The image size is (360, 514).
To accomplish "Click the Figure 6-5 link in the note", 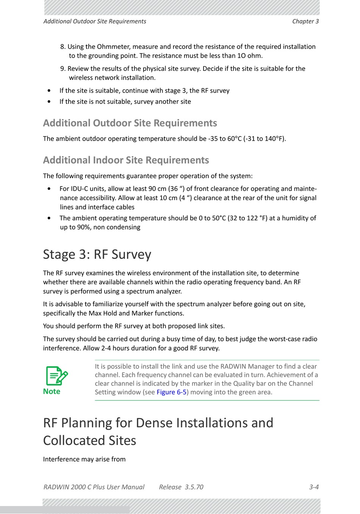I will [171, 392].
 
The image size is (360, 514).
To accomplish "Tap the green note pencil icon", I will [56, 376].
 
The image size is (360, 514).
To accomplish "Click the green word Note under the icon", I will [52, 392].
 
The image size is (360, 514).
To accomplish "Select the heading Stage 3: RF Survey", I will [97, 254].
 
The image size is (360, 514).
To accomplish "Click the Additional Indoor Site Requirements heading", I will [126, 160].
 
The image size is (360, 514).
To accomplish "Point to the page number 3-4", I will [314, 487].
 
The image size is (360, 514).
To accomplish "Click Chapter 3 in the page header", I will [305, 21].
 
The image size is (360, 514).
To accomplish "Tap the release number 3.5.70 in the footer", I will [194, 487].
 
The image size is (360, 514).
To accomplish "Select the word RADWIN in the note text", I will [235, 366].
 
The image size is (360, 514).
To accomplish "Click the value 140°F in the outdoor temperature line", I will [274, 139].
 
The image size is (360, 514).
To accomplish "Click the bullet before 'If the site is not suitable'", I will [49, 102].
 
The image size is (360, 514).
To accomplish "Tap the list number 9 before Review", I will [63, 69].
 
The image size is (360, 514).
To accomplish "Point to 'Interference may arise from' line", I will [84, 459].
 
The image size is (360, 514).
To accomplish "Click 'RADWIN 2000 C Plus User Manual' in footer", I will [94, 487].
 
